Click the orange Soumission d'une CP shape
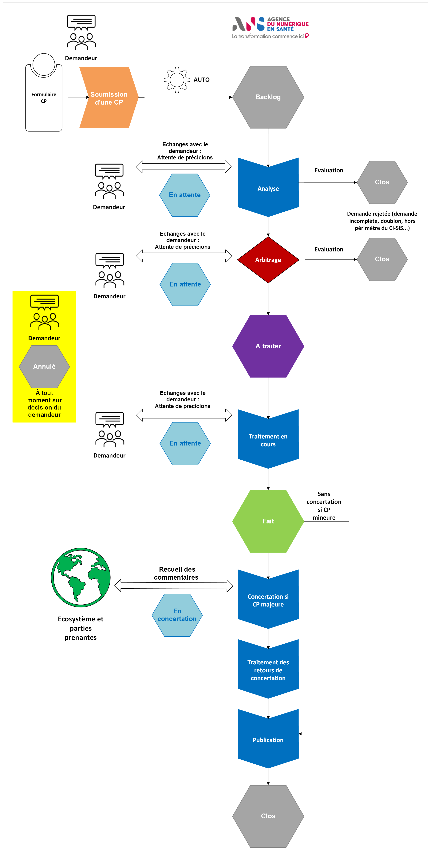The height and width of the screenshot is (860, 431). [109, 98]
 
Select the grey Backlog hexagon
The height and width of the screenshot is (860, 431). [268, 97]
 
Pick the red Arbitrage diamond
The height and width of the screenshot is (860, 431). [268, 260]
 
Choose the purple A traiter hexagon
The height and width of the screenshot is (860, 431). [268, 346]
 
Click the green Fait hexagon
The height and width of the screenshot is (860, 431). [268, 521]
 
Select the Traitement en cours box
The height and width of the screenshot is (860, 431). [268, 440]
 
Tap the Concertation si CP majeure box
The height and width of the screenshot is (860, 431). [268, 600]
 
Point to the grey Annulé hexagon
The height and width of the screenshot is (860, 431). [44, 366]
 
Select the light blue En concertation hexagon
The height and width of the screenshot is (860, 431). [177, 615]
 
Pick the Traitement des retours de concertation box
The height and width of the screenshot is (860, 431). [268, 670]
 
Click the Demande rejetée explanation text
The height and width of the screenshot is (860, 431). [382, 221]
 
